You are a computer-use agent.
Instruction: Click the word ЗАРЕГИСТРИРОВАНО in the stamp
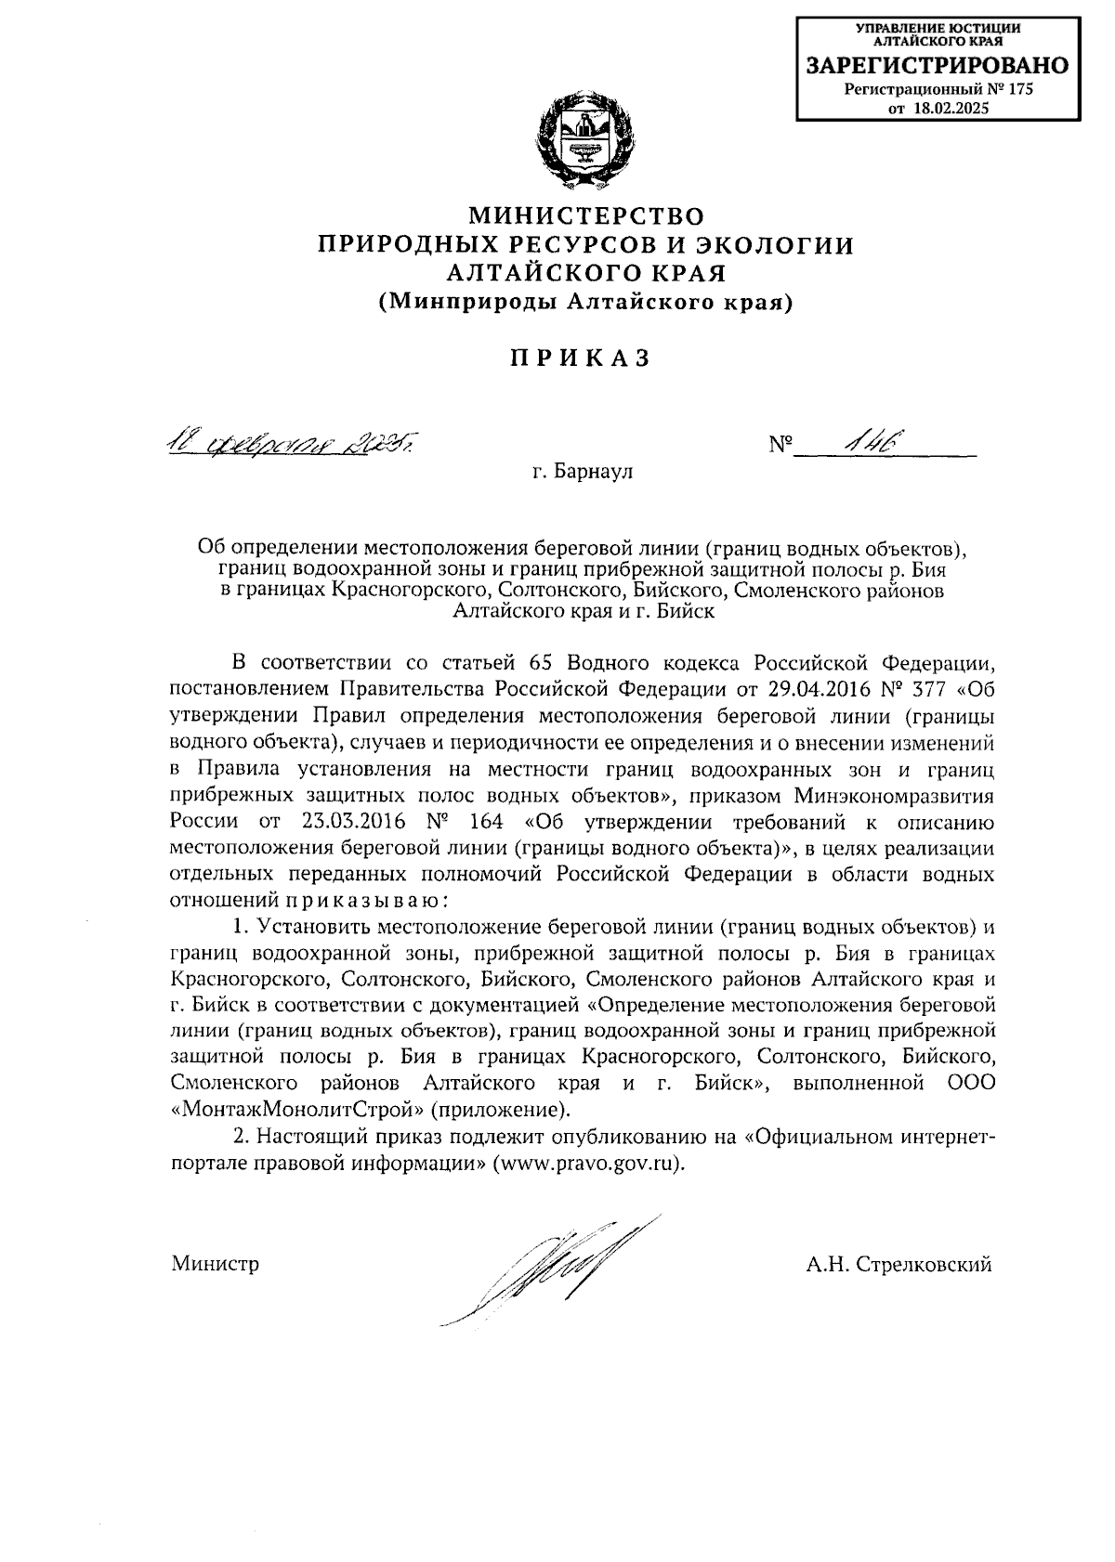tap(937, 66)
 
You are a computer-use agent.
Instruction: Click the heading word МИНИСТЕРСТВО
tap(585, 216)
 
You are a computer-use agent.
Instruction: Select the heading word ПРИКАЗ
tap(578, 358)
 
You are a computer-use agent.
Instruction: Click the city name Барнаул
tap(595, 473)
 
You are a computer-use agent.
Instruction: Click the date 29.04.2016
tap(821, 690)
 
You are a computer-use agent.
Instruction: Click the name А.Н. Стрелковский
tap(899, 1264)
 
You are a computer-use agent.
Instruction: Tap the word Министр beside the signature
tap(215, 1264)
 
